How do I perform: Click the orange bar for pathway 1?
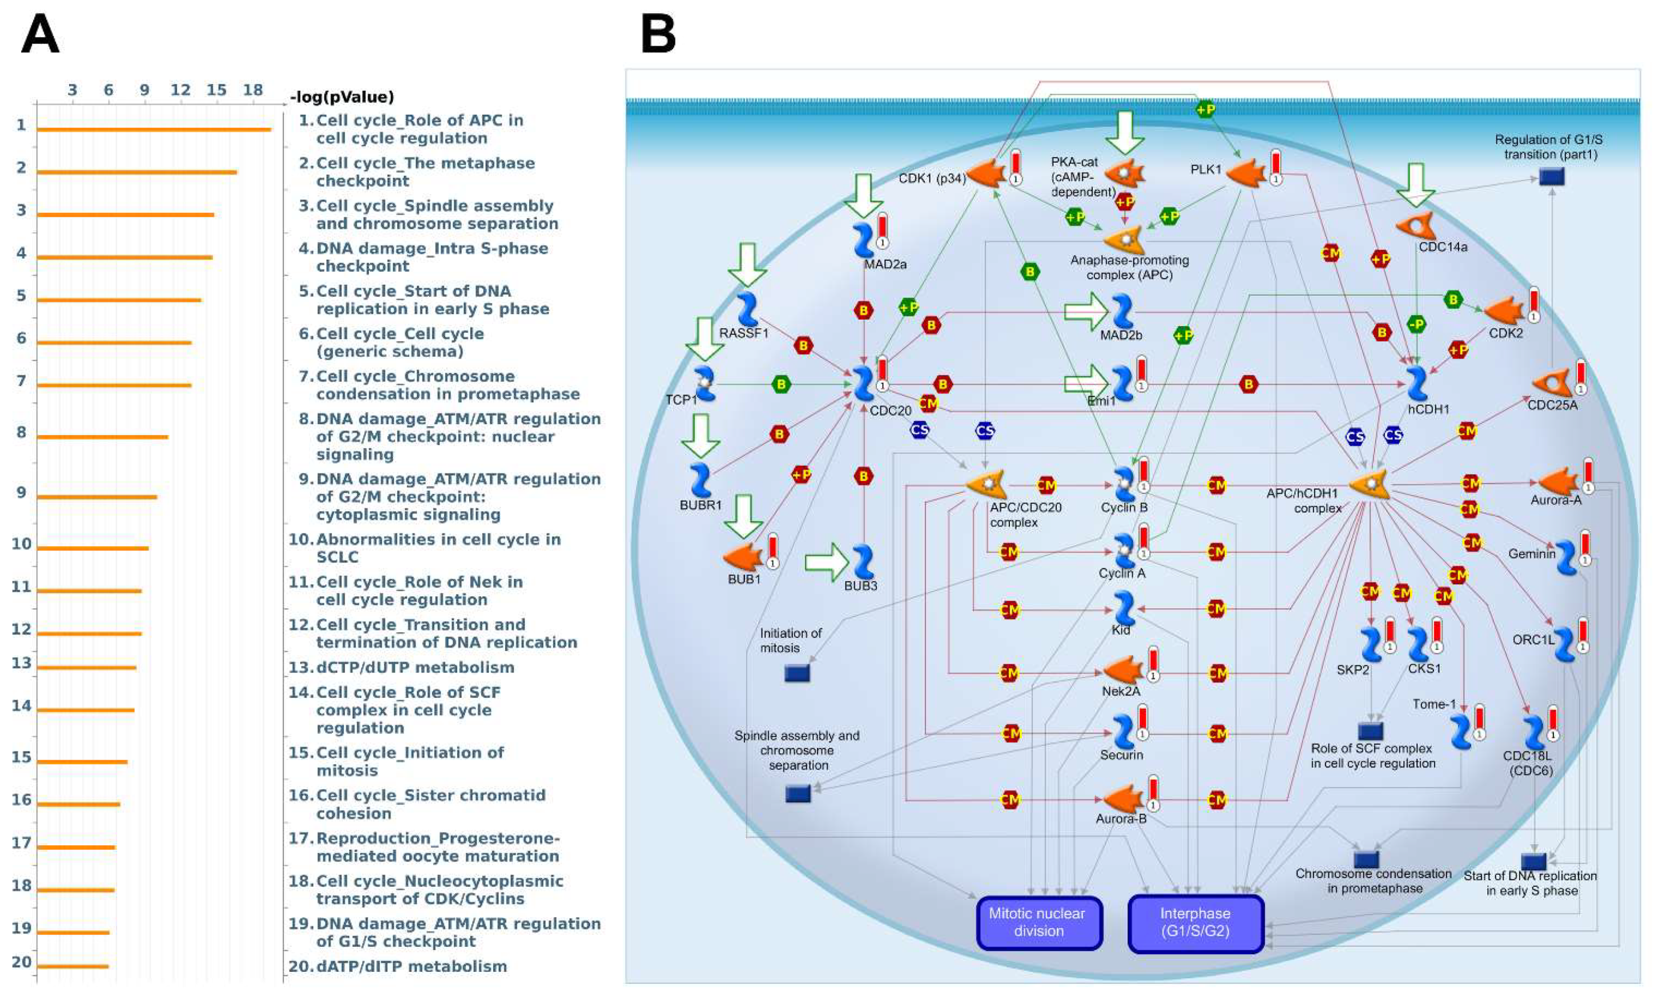coord(154,129)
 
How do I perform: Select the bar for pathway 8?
coord(102,437)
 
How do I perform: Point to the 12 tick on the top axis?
coord(180,90)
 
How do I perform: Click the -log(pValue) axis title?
coord(342,97)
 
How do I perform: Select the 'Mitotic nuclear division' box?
coord(1038,922)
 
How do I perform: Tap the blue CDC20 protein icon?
coord(863,384)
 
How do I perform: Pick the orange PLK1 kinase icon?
coord(1245,173)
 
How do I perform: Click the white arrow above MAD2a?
coord(863,195)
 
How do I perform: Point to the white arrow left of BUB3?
coord(826,562)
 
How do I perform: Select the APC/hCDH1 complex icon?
coord(1369,484)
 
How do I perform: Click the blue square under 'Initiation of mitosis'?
coord(797,672)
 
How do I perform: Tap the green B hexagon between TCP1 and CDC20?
coord(781,384)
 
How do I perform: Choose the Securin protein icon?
coord(1122,732)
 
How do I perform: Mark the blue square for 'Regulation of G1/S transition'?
coord(1552,176)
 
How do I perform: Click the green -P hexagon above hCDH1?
coord(1416,325)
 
